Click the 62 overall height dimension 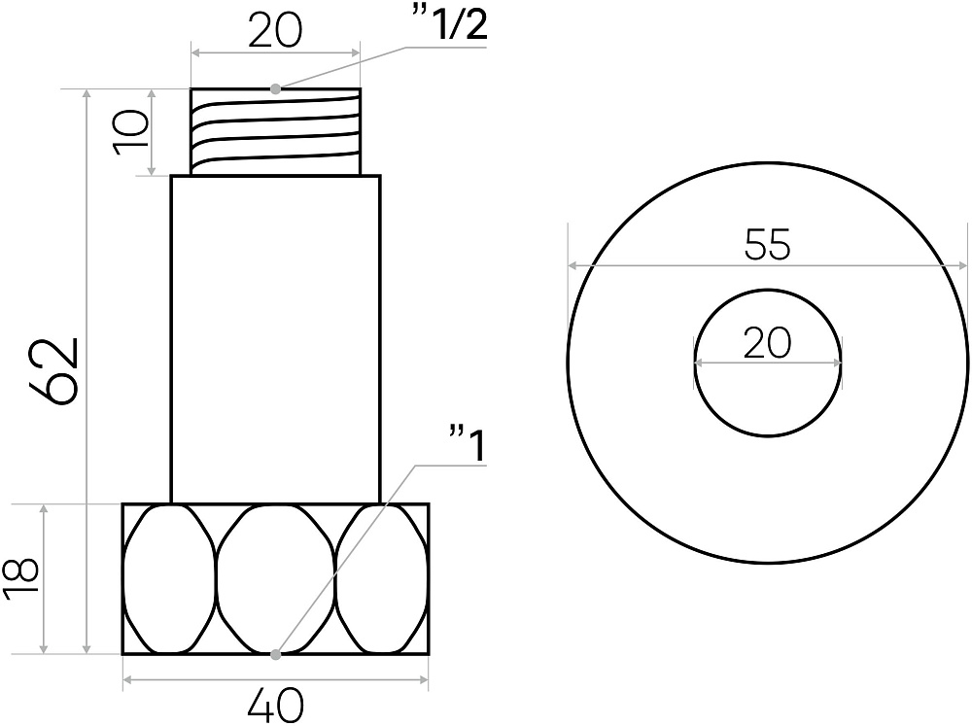[54, 370]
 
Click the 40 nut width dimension [275, 705]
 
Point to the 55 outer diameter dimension [768, 244]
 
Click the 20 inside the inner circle [768, 342]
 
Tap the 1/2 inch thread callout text [449, 25]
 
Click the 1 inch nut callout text [468, 444]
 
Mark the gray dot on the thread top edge [276, 88]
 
